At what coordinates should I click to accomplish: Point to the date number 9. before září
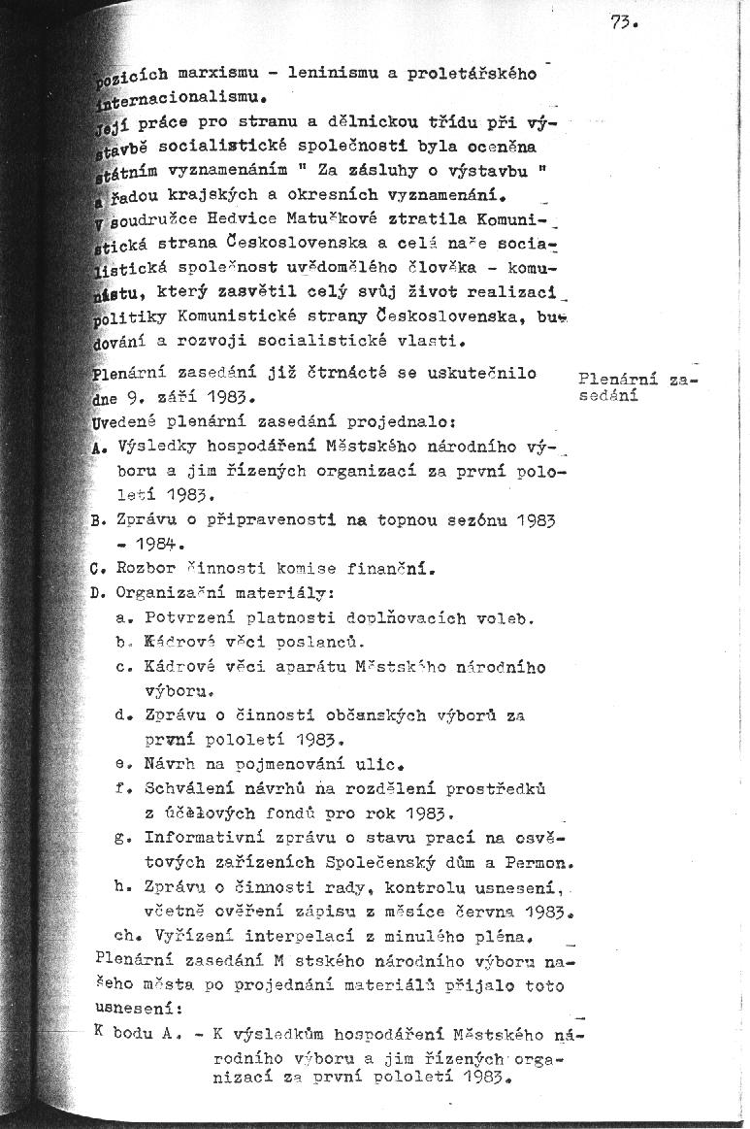134,397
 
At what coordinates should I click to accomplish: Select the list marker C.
97,567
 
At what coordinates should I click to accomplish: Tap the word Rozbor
143,567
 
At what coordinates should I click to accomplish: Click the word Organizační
173,591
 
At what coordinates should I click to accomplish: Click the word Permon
543,861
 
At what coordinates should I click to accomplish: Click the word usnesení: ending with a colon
129,1008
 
